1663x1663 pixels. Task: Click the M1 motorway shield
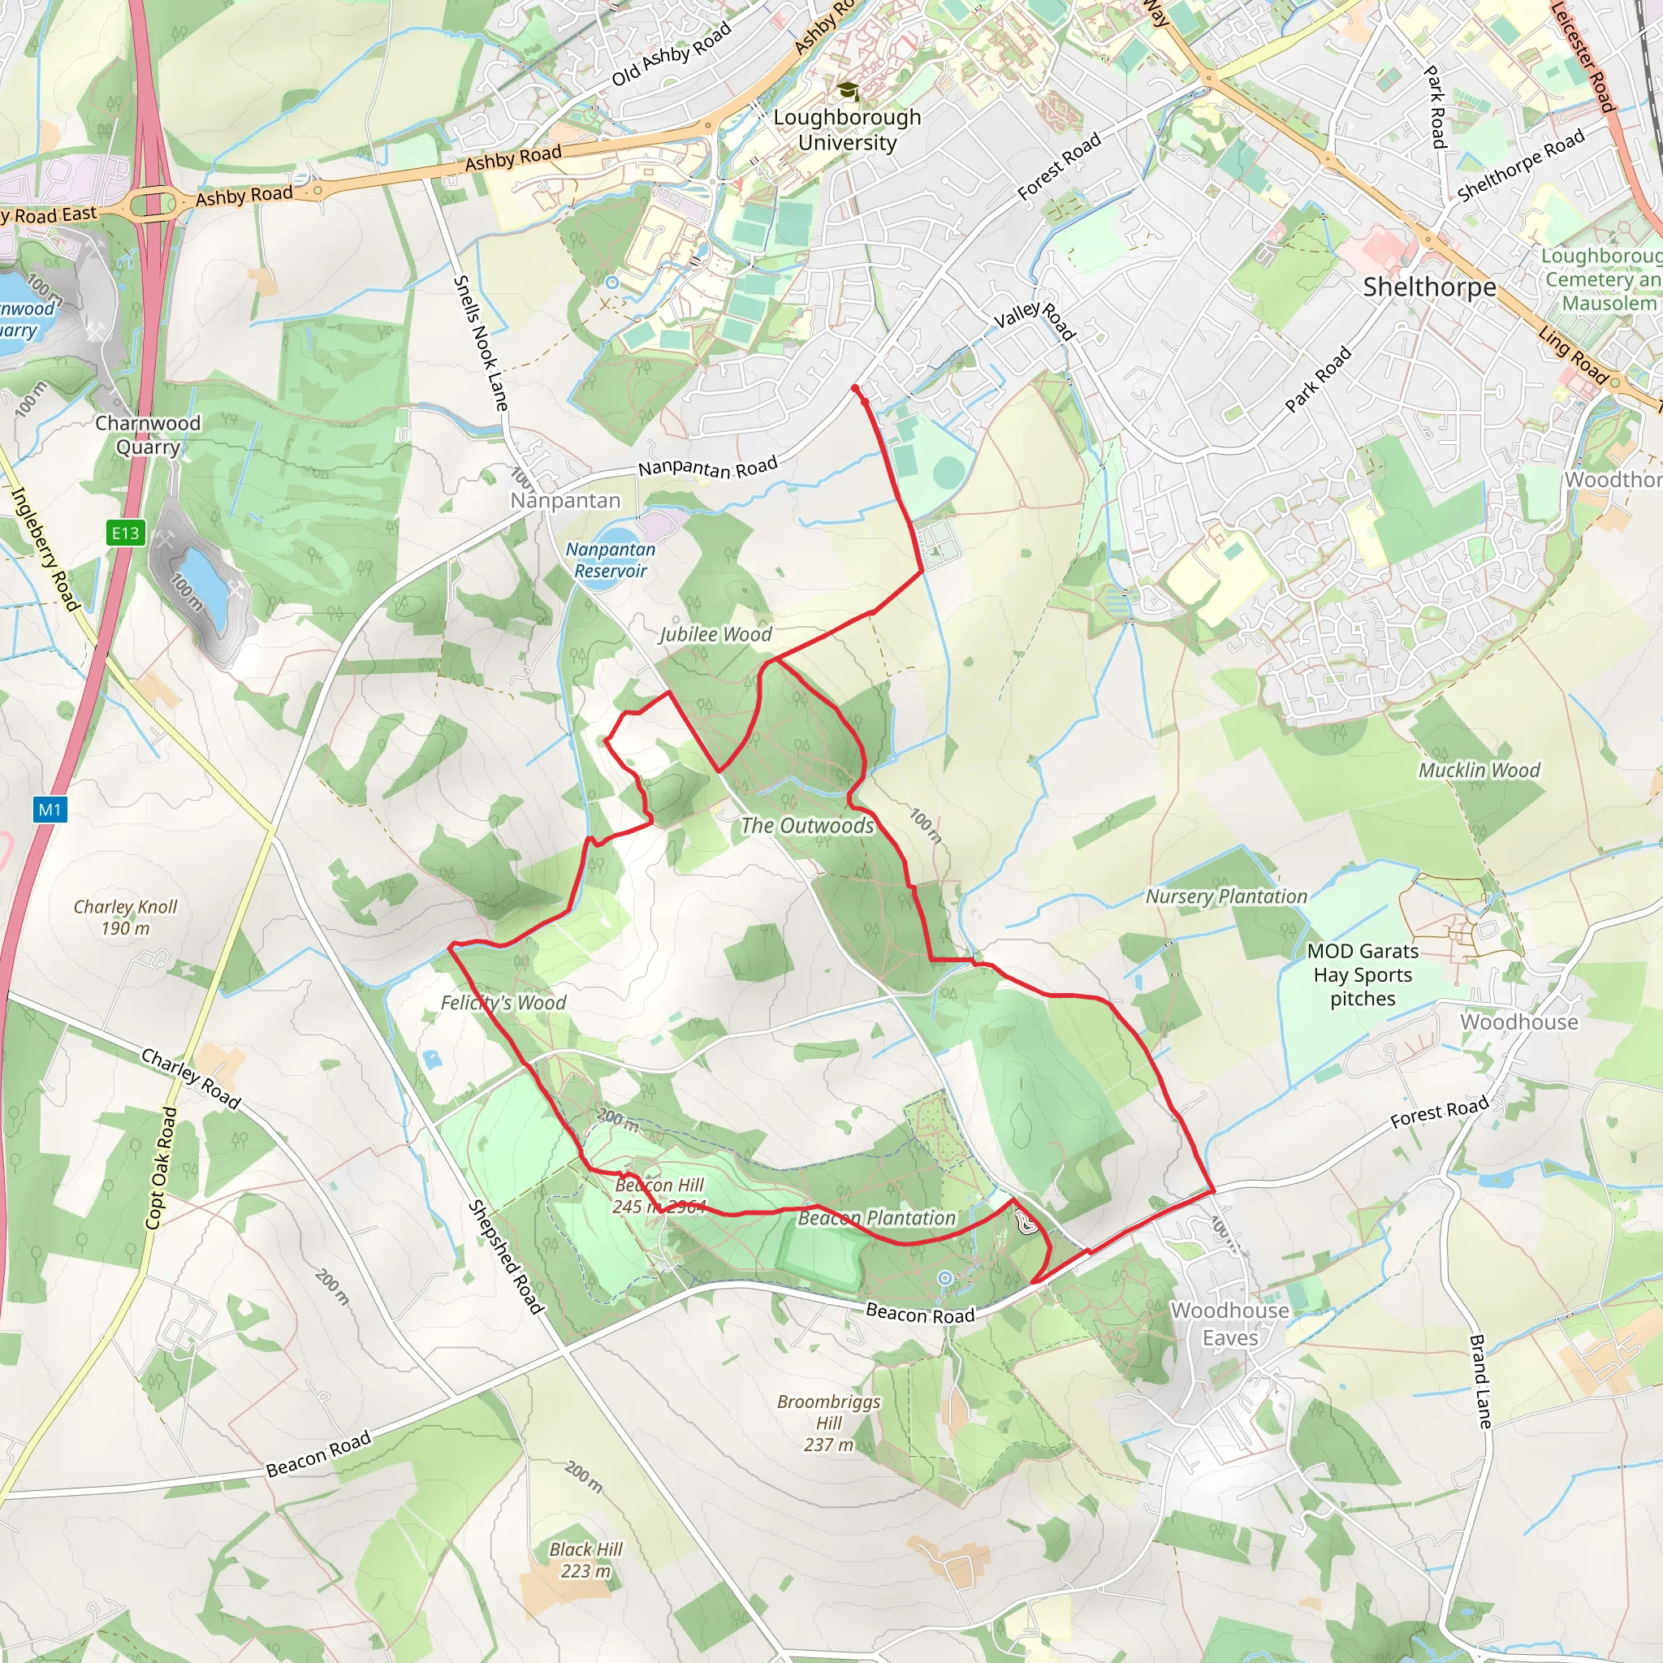50,809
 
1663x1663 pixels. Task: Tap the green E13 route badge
125,533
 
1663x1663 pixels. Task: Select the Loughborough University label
847,130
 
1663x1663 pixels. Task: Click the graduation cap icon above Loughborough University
848,90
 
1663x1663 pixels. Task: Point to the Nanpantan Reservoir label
611,559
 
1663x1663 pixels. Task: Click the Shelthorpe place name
1429,287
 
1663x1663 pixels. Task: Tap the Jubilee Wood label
715,634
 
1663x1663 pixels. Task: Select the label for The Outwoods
807,826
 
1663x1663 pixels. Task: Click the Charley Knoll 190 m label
126,917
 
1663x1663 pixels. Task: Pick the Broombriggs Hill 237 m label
829,1423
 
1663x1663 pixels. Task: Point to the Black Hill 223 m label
586,1560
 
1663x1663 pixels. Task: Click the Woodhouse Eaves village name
1230,1324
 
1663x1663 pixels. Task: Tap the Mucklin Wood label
1479,771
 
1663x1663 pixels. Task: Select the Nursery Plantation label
1225,897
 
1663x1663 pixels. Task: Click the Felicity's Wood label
503,1003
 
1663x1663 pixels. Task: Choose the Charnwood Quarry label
148,434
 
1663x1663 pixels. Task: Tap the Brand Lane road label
1479,1381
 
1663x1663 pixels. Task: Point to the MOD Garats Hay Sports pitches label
1363,974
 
